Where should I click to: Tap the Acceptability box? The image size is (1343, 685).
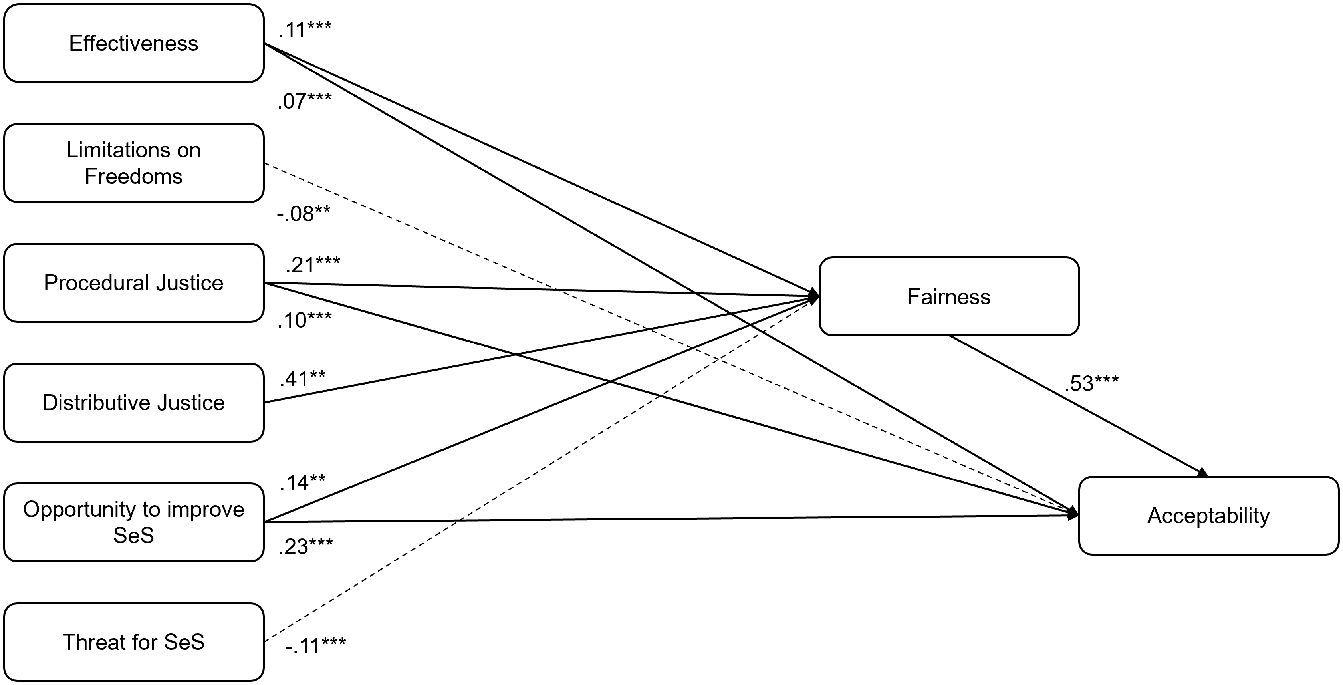tap(1208, 516)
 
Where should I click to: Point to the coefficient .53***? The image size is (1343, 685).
tap(1091, 383)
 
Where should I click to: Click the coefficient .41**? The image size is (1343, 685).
tap(302, 379)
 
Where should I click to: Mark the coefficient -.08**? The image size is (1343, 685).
tap(304, 214)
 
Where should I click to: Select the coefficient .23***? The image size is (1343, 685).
tap(305, 547)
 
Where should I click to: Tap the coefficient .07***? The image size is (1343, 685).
tap(304, 101)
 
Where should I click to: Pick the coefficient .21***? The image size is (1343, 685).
tap(313, 265)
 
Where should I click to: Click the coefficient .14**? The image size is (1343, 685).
tap(302, 483)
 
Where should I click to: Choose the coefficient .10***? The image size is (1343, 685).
tap(304, 320)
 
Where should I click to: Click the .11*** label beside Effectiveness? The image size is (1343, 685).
tap(305, 30)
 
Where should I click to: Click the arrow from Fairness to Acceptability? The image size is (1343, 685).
tap(1078, 407)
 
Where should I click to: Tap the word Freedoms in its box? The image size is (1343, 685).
tap(133, 176)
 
